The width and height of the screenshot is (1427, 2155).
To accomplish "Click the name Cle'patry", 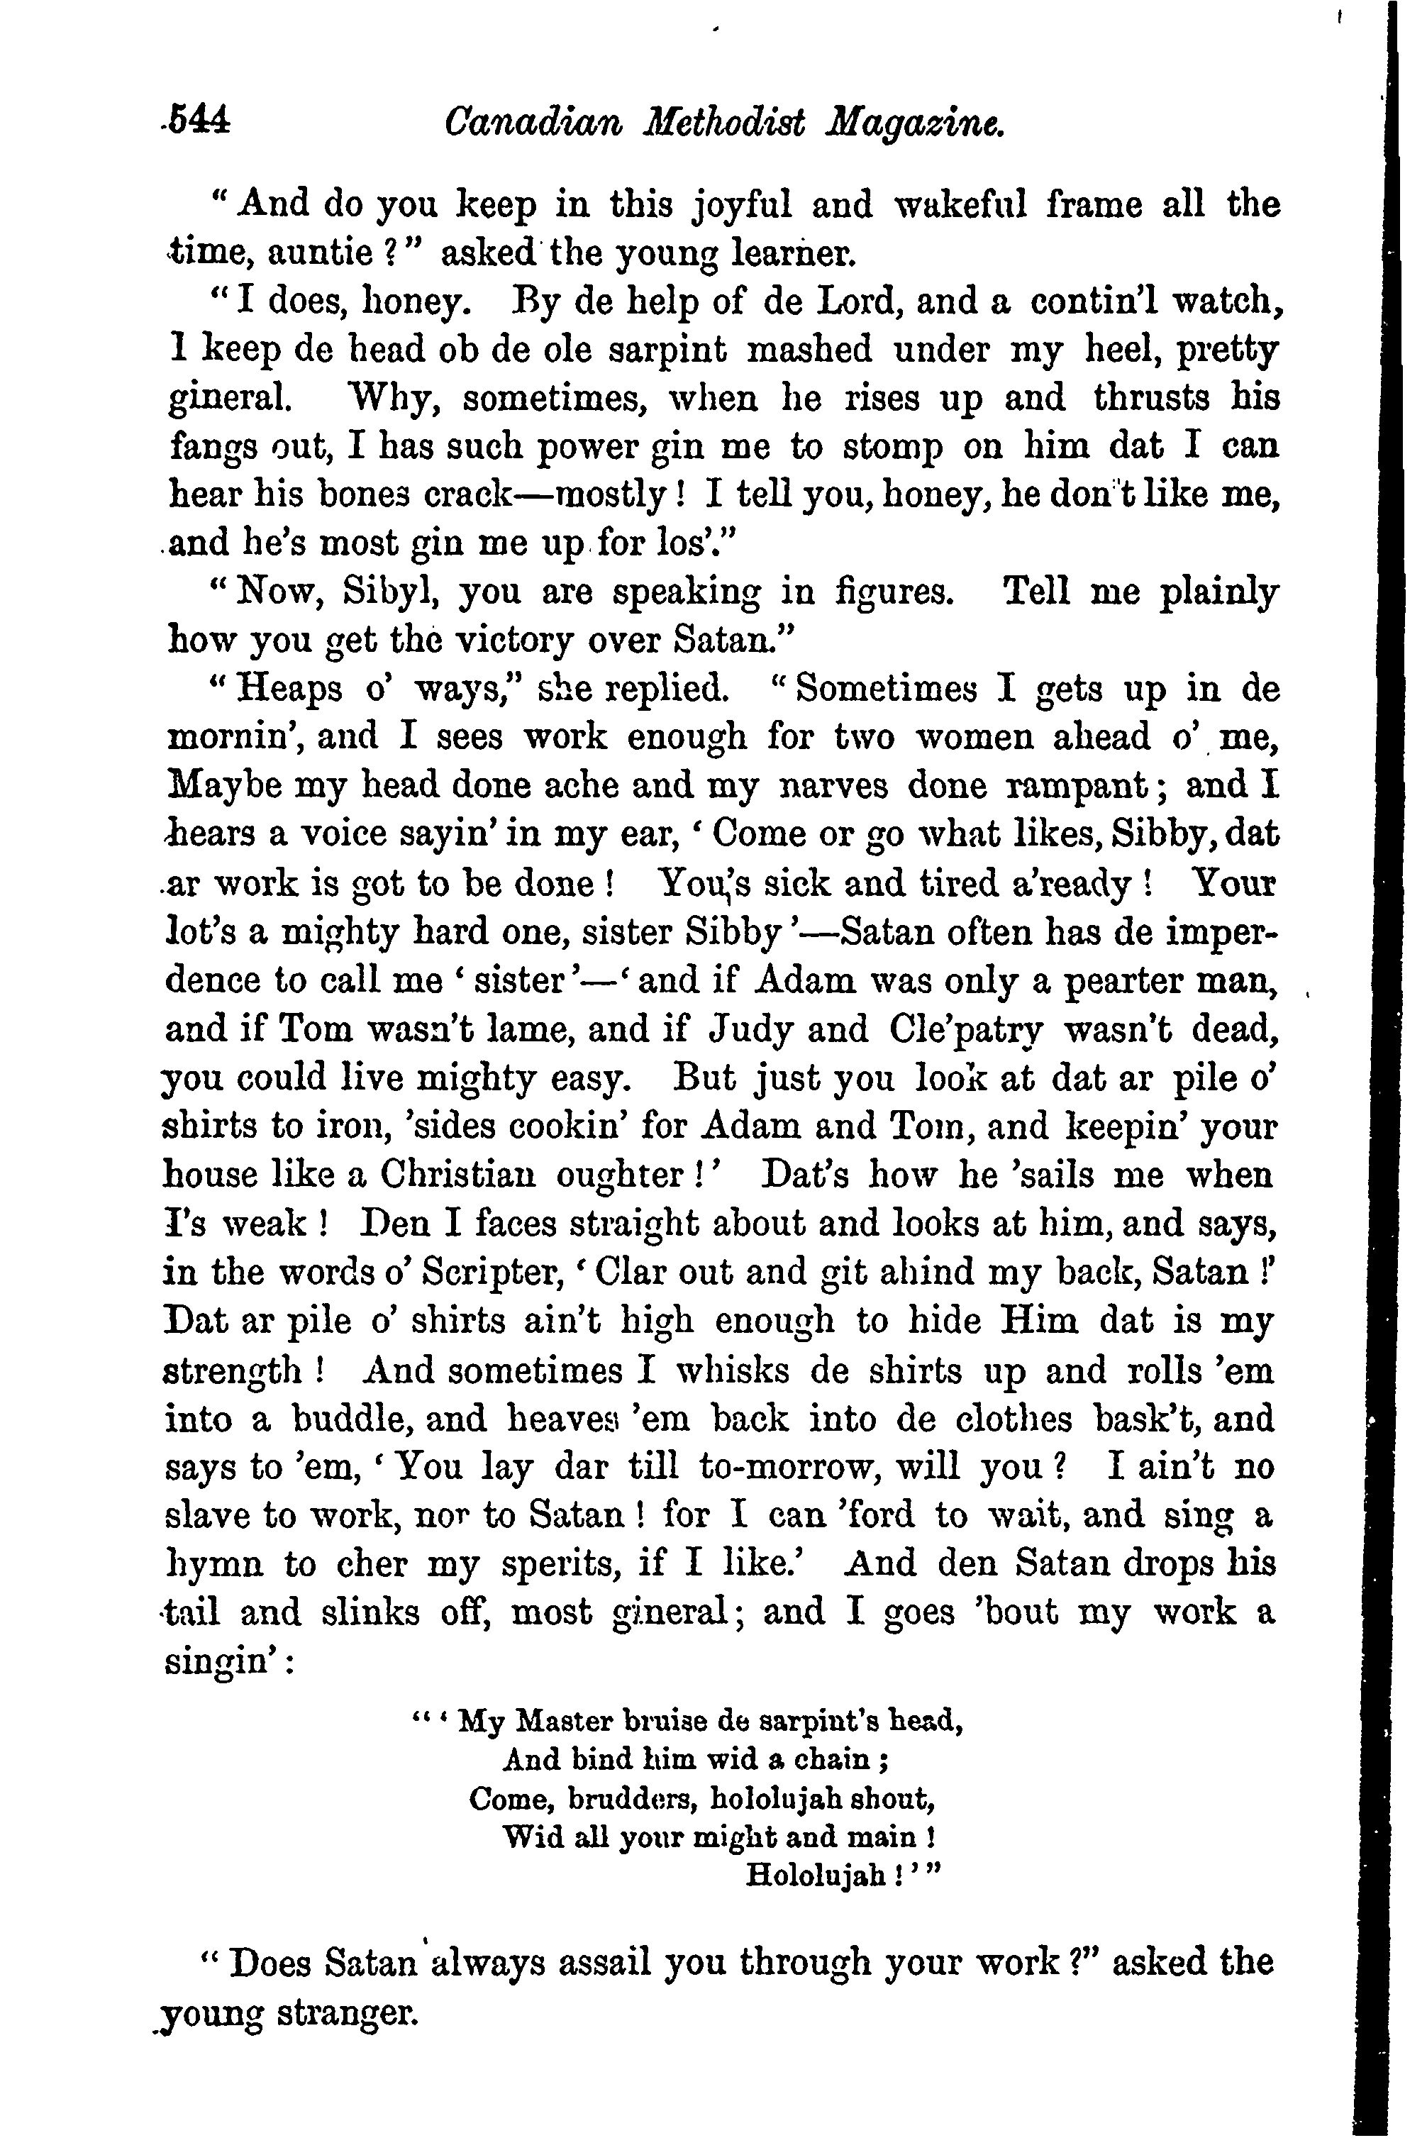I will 965,1030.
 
